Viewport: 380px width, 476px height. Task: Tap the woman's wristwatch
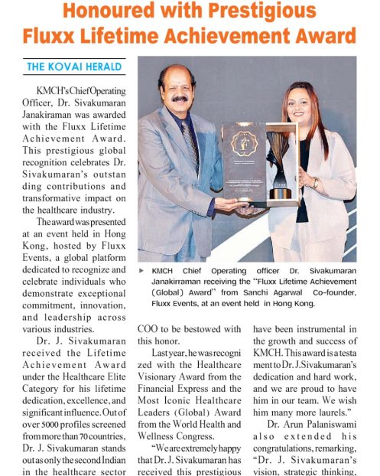coord(315,184)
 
